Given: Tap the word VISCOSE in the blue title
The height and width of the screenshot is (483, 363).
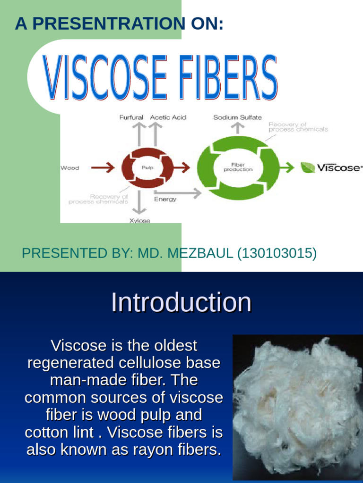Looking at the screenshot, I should (106, 78).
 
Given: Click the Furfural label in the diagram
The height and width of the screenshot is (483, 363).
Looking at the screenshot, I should (131, 117).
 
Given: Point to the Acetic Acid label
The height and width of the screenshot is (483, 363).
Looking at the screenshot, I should (168, 117).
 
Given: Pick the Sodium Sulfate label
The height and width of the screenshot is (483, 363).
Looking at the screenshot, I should (237, 117).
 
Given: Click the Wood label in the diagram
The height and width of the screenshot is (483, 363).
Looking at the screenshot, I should (70, 168).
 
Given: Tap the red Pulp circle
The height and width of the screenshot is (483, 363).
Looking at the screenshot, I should (144, 167).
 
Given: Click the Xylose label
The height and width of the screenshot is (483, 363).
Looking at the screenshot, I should (140, 221).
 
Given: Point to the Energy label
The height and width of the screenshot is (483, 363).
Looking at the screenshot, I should (165, 199).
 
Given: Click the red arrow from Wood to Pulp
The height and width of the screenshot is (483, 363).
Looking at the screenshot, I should (103, 167).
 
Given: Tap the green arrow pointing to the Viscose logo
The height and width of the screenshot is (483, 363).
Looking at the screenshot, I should (288, 167).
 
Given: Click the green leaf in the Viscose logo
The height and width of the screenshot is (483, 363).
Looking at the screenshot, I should (308, 167).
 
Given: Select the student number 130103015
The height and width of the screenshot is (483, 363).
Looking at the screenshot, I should (277, 253).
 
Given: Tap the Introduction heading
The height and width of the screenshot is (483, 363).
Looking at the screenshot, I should (181, 302).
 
